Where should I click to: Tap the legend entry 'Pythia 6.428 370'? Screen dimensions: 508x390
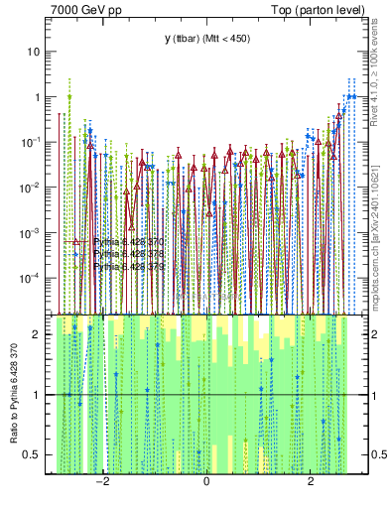point(129,242)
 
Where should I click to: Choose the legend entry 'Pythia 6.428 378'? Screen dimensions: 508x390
point(129,255)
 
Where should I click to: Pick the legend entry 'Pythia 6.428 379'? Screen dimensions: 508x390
point(129,268)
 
